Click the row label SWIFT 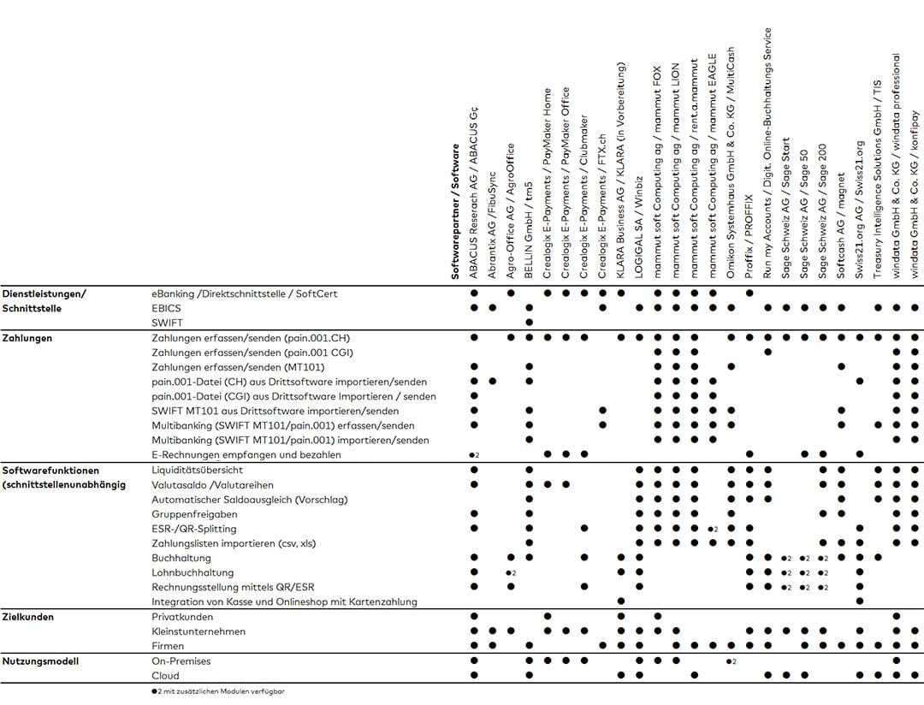[x=167, y=323]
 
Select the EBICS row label [x=166, y=308]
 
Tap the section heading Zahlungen [x=27, y=338]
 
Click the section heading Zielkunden [x=28, y=617]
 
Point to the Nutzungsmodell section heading [x=38, y=661]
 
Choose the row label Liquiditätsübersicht [x=198, y=471]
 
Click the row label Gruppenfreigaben [x=194, y=514]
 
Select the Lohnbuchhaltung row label [x=192, y=572]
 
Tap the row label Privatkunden [x=182, y=617]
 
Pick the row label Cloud [x=165, y=676]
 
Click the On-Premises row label [x=181, y=661]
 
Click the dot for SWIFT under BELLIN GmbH [x=530, y=323]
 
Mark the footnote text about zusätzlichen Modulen [x=217, y=691]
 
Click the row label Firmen [x=168, y=646]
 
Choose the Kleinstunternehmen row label [x=198, y=631]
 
